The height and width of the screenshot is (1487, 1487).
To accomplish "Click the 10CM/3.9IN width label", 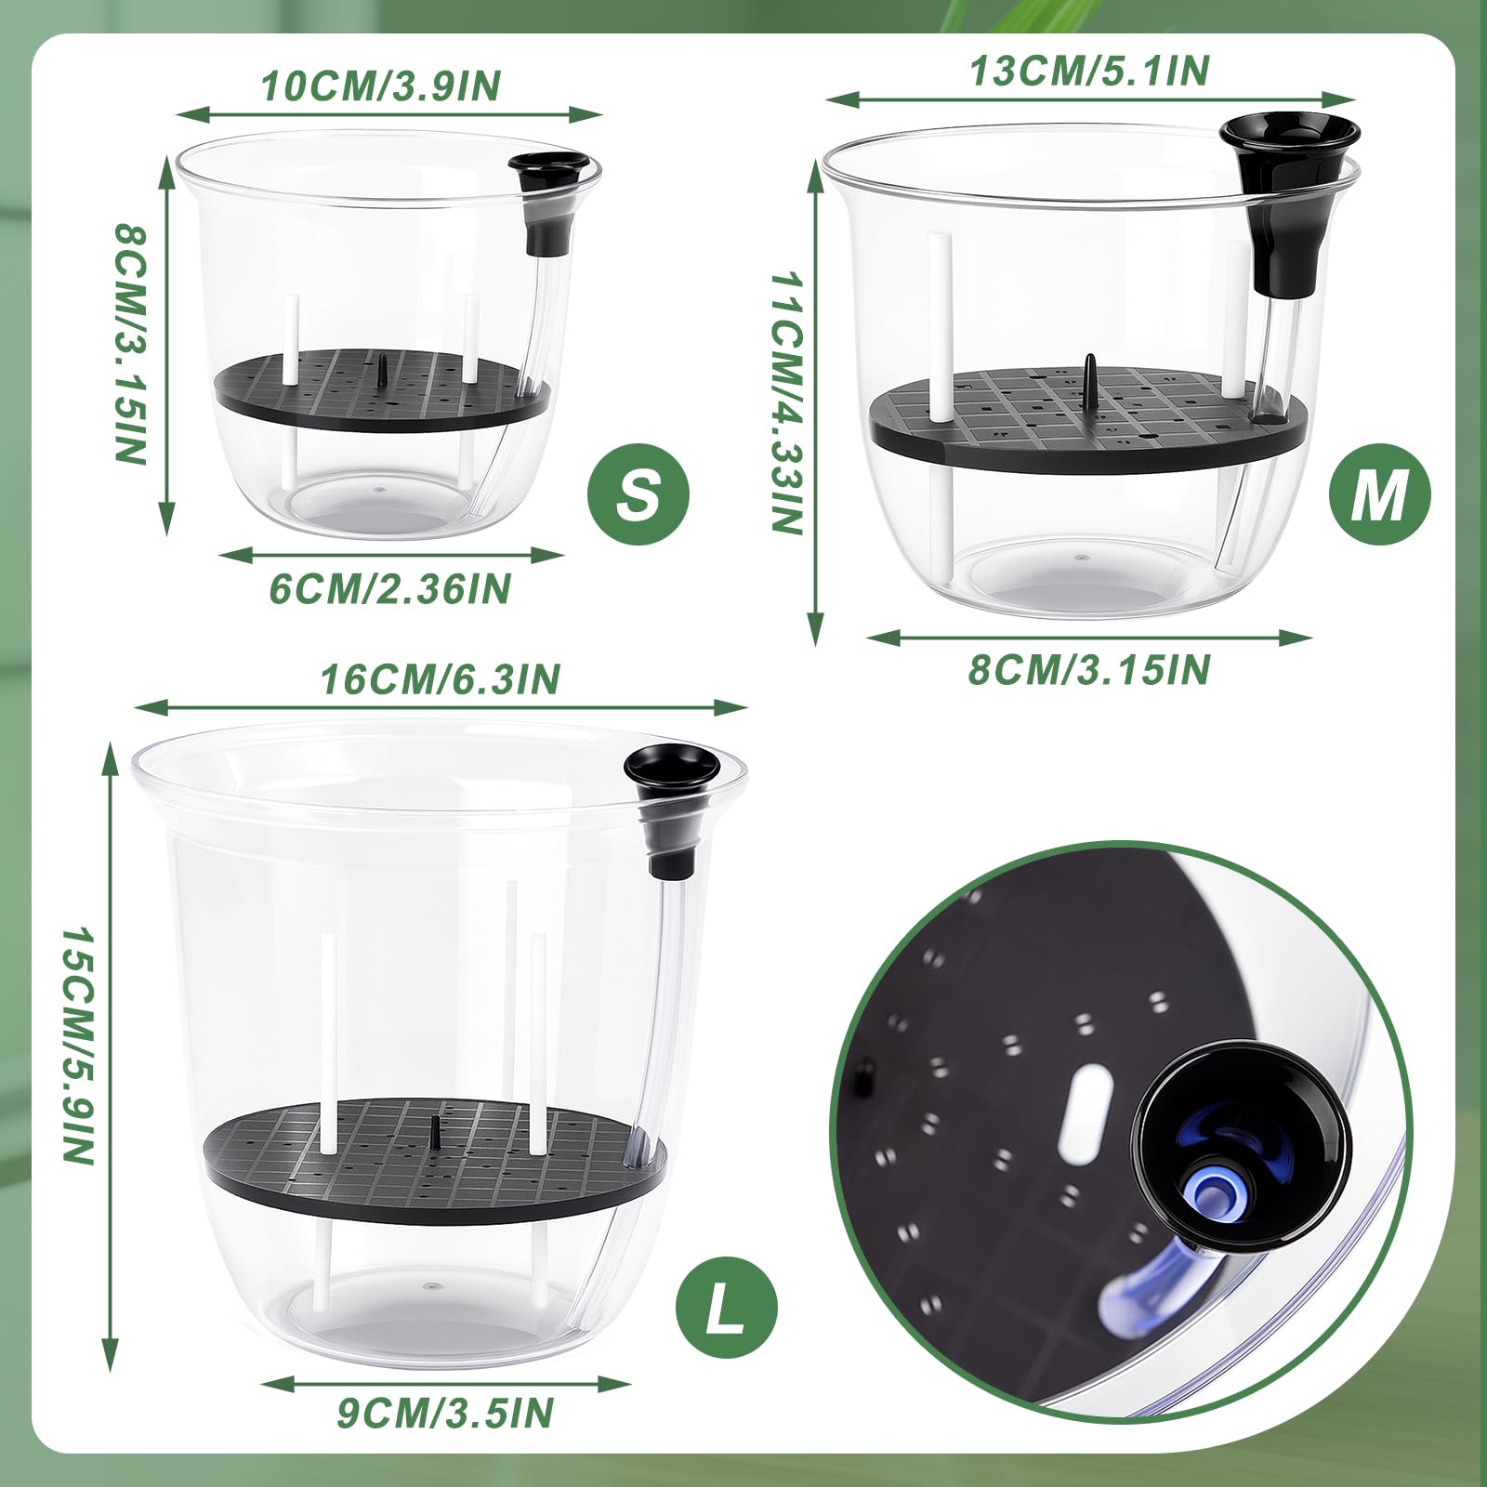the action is tap(381, 86).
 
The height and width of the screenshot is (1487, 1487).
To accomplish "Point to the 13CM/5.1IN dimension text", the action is tap(1090, 71).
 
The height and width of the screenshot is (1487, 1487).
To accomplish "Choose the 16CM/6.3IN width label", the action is tap(441, 679).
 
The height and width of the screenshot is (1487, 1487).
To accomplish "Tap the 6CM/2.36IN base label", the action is tap(390, 589).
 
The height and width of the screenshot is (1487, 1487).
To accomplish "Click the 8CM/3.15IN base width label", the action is tap(1089, 669).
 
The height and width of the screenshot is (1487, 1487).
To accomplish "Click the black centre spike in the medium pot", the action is tap(1089, 375).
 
